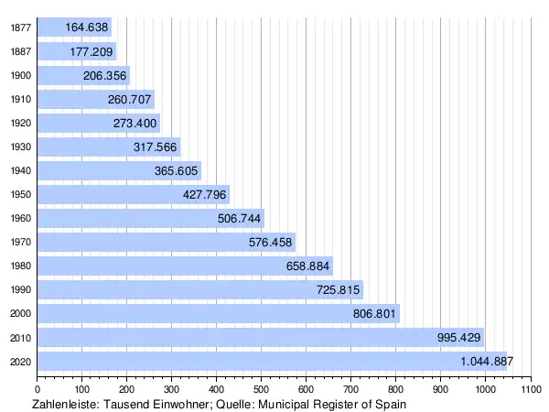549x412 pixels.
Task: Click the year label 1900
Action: pyautogui.click(x=20, y=75)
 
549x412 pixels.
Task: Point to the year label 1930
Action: pyautogui.click(x=20, y=146)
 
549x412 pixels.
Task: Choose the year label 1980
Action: pyautogui.click(x=20, y=266)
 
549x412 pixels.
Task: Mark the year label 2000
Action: pyautogui.click(x=20, y=313)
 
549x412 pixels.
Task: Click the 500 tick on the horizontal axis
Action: pyautogui.click(x=261, y=389)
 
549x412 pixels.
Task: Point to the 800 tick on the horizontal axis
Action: pyautogui.click(x=395, y=389)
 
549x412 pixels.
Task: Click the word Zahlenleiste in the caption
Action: pyautogui.click(x=67, y=403)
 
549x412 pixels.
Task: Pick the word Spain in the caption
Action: pyautogui.click(x=389, y=403)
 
